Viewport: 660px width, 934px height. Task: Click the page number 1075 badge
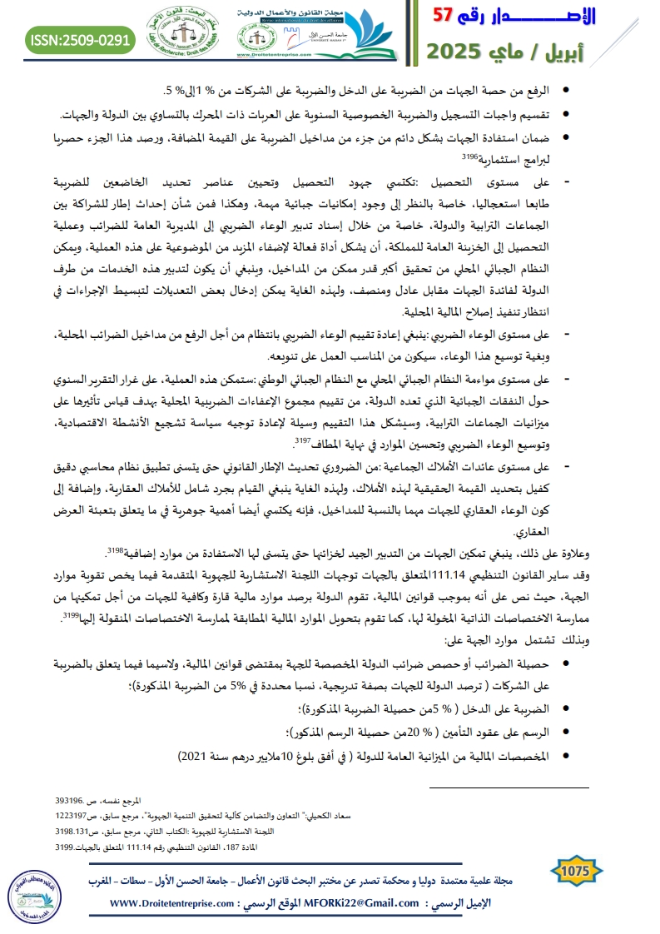point(576,871)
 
